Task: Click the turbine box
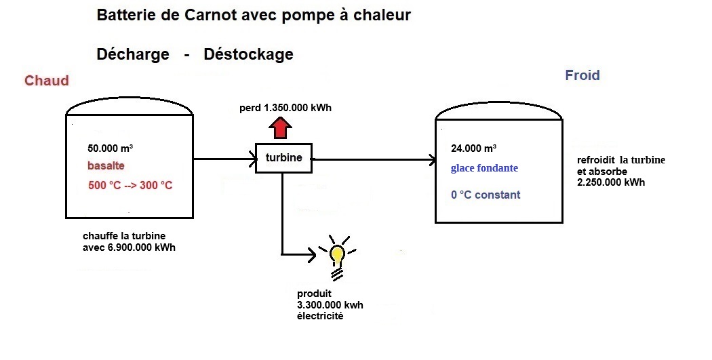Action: [283, 158]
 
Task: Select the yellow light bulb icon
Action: [337, 254]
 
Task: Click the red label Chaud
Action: [47, 81]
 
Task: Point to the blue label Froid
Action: [582, 75]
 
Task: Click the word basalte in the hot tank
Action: [106, 166]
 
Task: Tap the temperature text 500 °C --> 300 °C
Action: [130, 185]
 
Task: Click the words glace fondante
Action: [484, 168]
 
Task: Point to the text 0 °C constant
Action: [486, 195]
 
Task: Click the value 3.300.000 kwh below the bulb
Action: [330, 305]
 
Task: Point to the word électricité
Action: [320, 316]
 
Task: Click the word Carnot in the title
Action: [211, 15]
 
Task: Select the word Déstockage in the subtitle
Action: [248, 54]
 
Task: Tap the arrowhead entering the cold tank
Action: [431, 161]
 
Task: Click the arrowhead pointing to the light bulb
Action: [312, 255]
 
